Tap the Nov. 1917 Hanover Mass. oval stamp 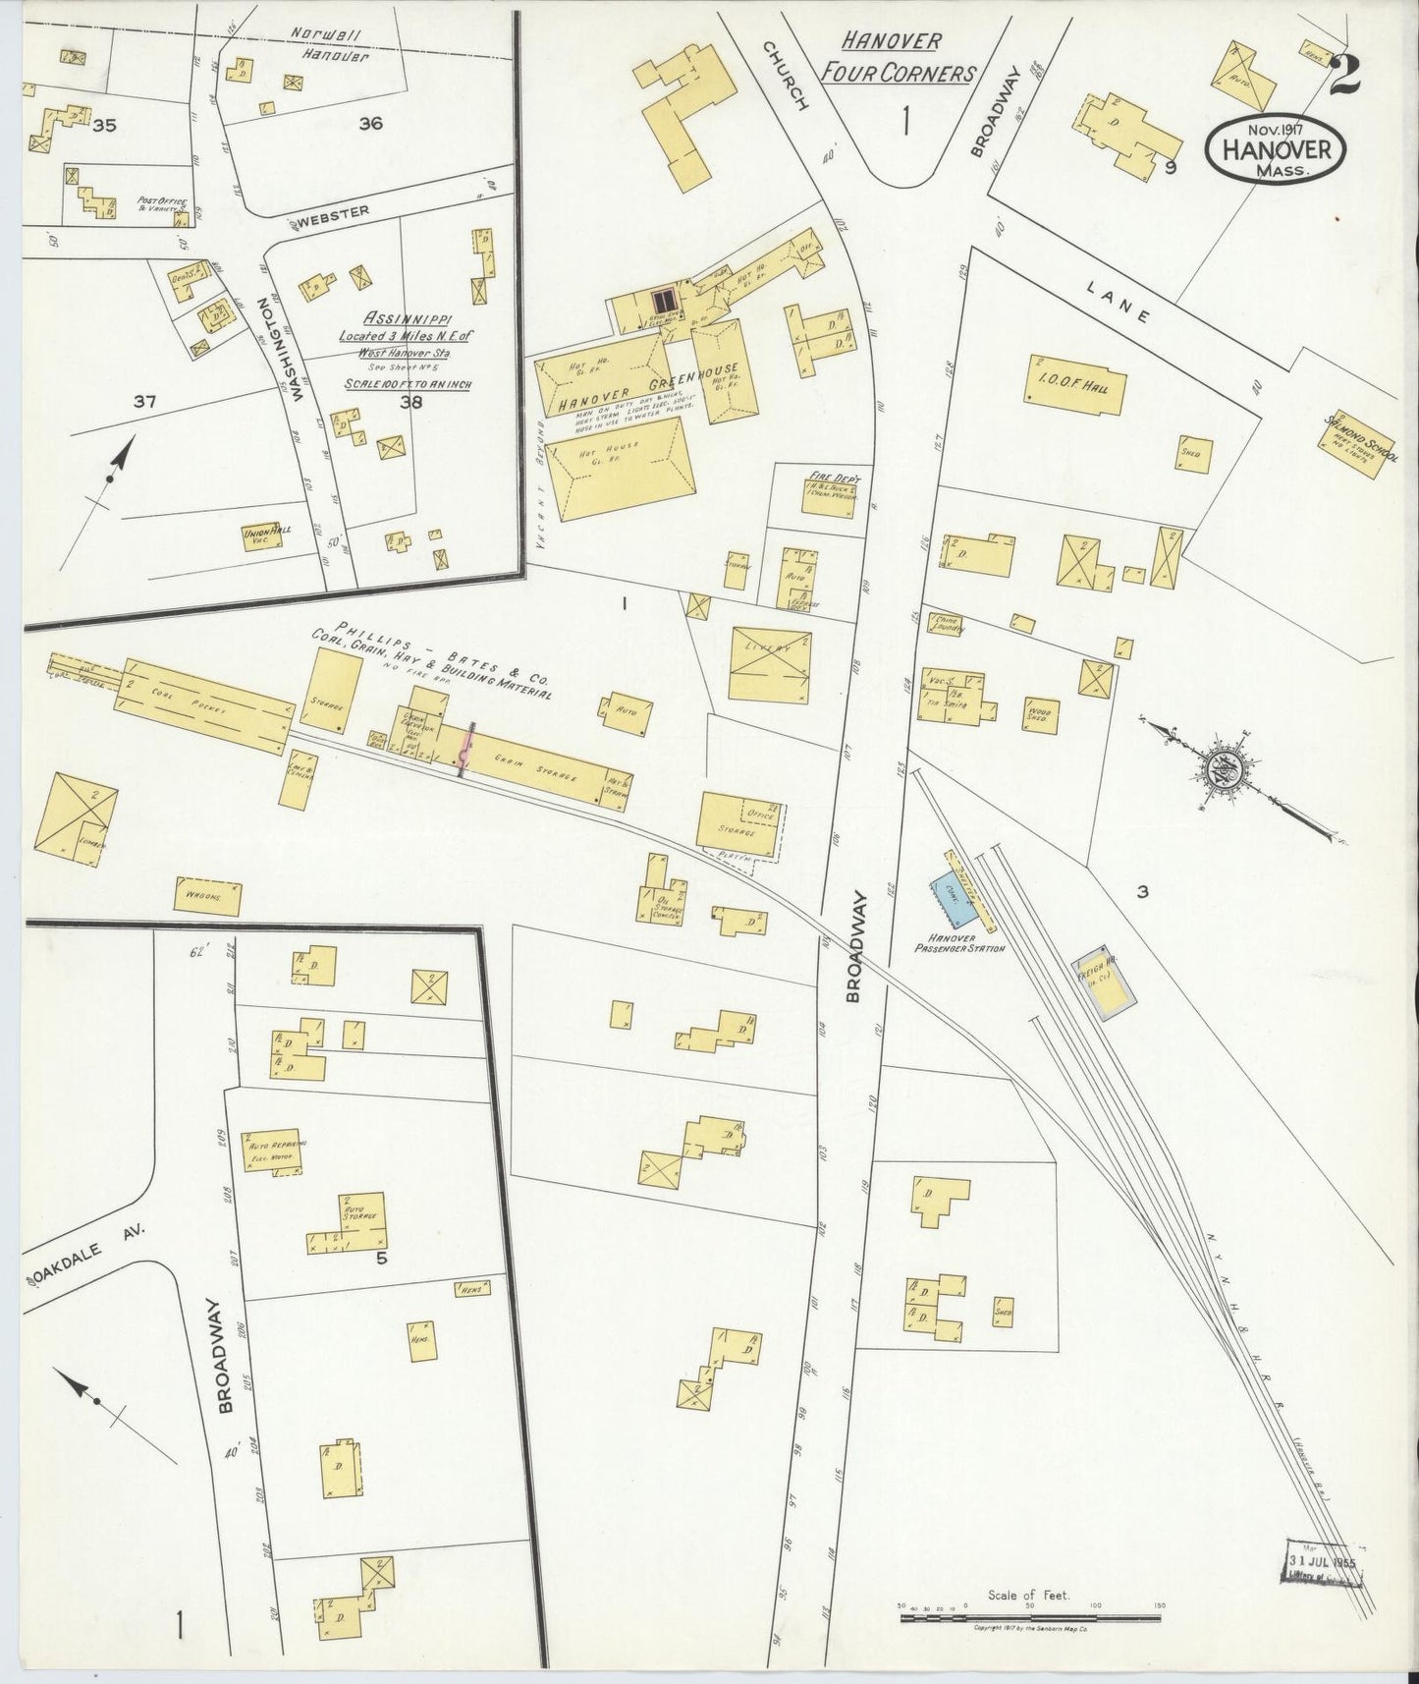click(x=1276, y=149)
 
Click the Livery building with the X click(x=770, y=663)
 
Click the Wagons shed click(x=208, y=896)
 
